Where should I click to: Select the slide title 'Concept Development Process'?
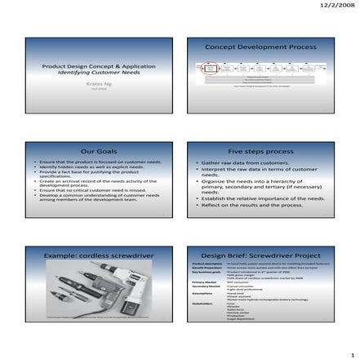pos(260,47)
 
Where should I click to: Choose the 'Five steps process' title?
pos(260,151)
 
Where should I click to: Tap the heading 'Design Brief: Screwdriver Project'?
pos(260,256)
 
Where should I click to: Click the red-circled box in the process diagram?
pos(210,70)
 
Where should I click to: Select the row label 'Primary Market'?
pos(204,282)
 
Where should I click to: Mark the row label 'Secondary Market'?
pos(206,286)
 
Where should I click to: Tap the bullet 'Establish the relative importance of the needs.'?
pos(262,198)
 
